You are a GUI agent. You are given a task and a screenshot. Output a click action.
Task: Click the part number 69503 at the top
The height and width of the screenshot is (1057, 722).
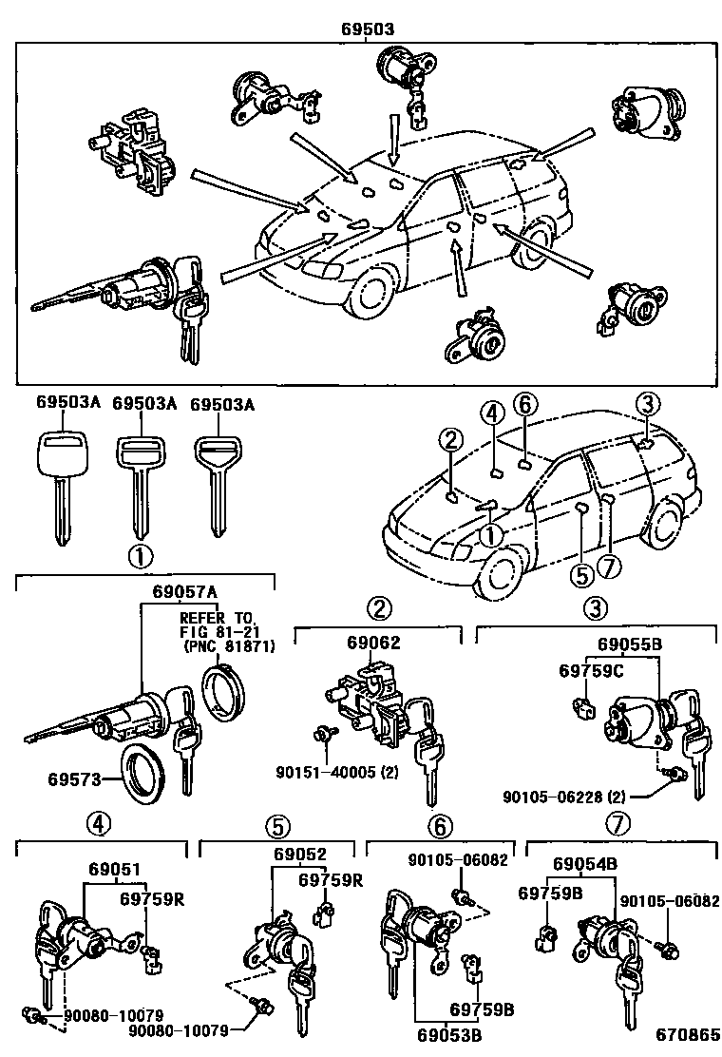click(x=368, y=29)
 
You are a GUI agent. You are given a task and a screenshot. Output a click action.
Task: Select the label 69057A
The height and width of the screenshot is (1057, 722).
click(x=184, y=591)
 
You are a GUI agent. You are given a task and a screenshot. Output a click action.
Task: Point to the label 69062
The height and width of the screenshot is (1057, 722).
click(x=372, y=643)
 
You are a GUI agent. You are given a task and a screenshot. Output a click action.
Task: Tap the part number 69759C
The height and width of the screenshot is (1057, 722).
click(x=590, y=671)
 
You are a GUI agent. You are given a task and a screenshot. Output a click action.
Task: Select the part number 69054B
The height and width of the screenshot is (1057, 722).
click(x=585, y=863)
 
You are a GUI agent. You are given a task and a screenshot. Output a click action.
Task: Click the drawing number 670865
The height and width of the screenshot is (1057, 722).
click(x=681, y=1036)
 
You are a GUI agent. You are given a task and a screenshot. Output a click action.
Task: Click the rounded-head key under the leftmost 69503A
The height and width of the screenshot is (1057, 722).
click(x=59, y=475)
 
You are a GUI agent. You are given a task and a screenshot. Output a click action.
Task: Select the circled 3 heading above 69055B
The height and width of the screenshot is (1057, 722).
click(x=594, y=607)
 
